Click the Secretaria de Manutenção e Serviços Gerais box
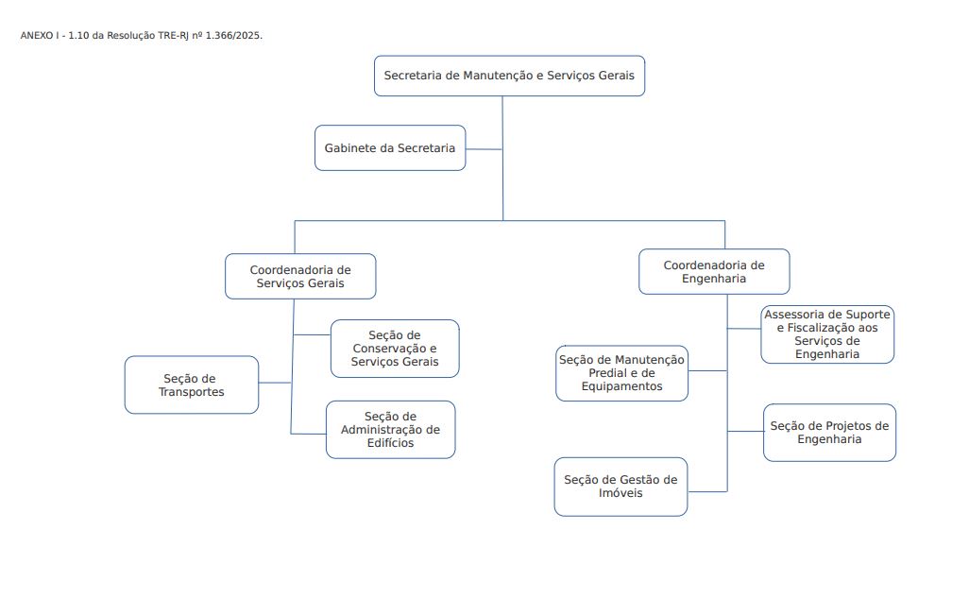click(509, 76)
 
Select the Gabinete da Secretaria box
click(390, 148)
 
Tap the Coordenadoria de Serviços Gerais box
click(300, 276)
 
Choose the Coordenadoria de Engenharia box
click(714, 272)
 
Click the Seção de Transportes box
click(192, 384)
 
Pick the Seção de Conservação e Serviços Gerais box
click(395, 349)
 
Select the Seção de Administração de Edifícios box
click(390, 430)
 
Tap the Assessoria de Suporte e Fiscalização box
click(827, 334)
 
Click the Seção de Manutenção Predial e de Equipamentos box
click(621, 373)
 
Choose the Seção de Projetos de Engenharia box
click(829, 433)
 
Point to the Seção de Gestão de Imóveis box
click(620, 487)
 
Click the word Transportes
click(192, 392)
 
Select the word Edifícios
click(390, 444)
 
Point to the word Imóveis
click(620, 493)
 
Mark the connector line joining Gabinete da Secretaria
click(484, 148)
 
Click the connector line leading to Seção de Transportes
click(275, 383)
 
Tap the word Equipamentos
click(621, 386)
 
